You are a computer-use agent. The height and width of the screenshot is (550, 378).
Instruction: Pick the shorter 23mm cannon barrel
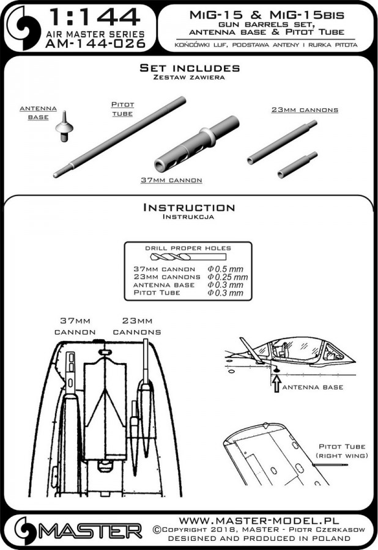[298, 165]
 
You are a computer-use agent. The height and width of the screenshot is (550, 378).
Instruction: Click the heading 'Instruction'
[188, 208]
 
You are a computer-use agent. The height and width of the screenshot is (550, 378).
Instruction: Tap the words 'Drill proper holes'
[189, 248]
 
